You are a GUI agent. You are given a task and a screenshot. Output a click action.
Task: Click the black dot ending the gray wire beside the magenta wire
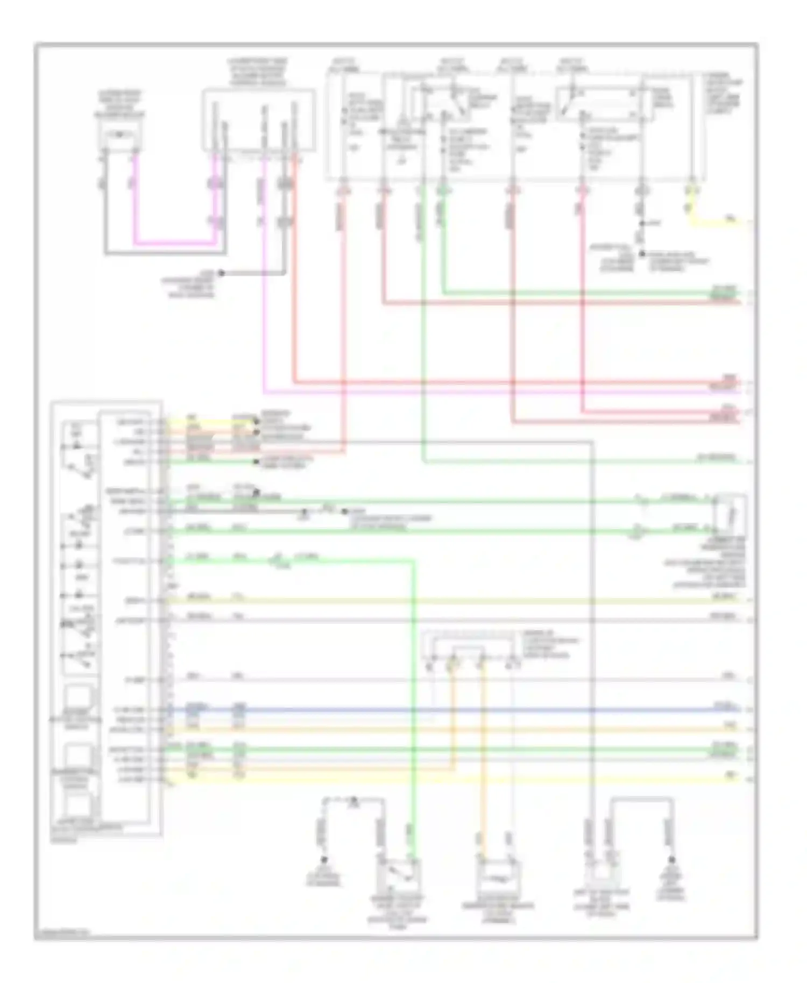[x=221, y=273]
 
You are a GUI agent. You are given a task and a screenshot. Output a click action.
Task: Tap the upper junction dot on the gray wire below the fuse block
[x=641, y=223]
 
